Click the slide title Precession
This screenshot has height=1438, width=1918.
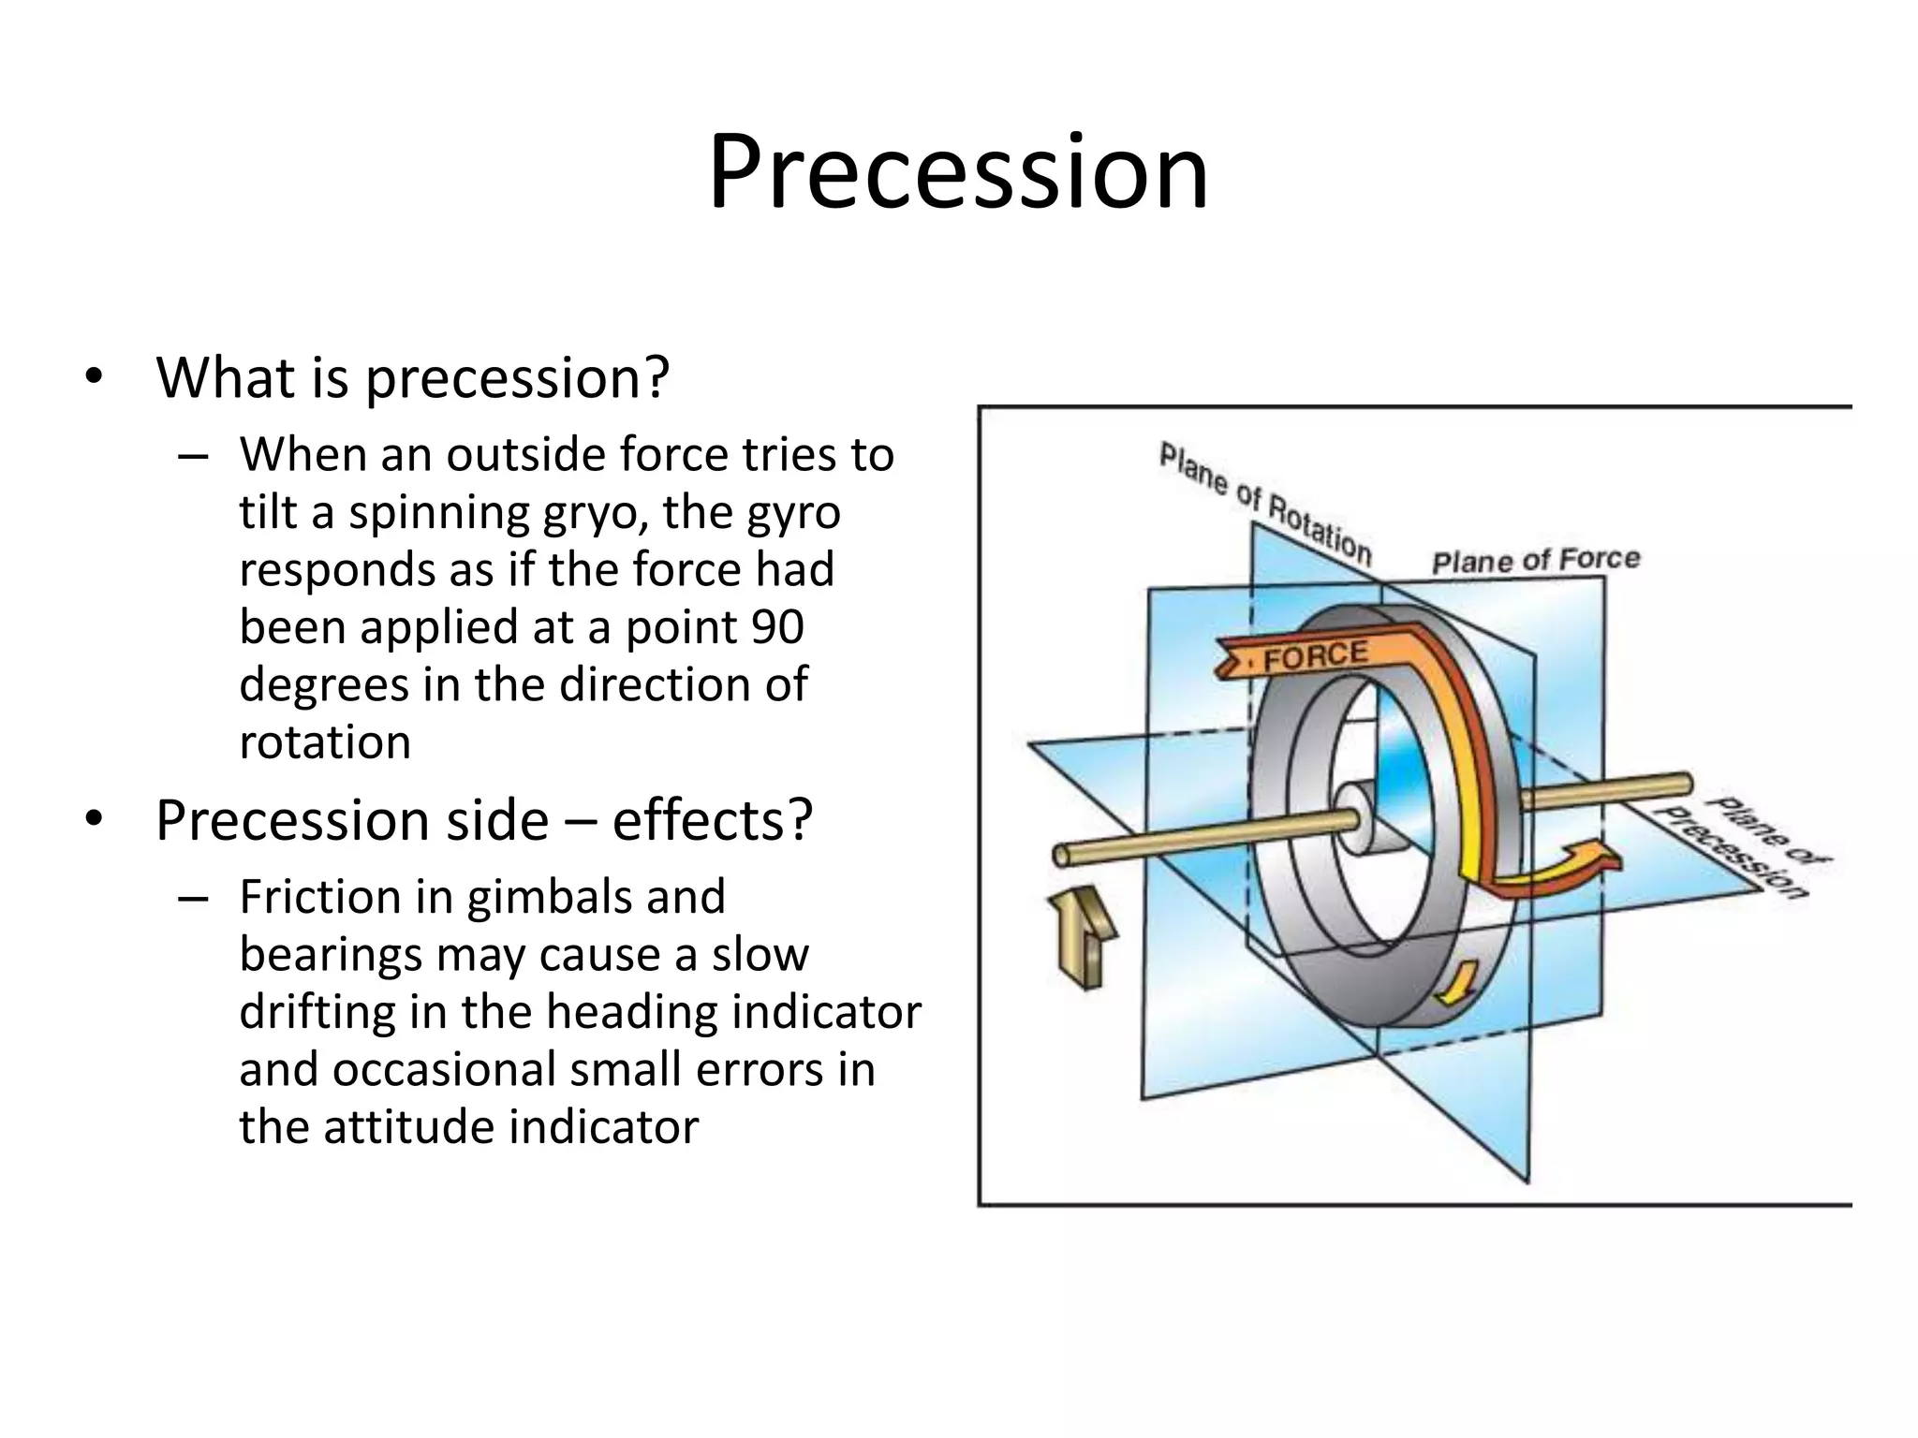point(958,173)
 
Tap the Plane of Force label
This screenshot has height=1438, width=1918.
point(1536,560)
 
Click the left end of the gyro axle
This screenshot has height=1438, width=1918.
point(1062,855)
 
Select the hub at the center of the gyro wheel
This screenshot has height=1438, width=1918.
point(1353,818)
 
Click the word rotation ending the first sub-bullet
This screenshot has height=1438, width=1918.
point(325,742)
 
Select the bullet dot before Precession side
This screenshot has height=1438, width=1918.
point(93,819)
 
